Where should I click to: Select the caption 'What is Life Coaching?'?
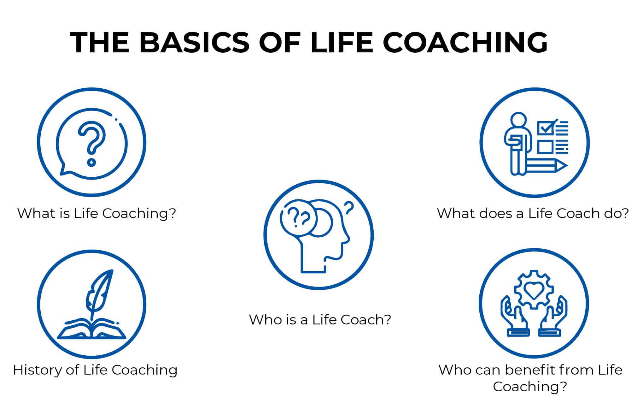pos(96,213)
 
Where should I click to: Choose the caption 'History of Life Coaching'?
pos(95,370)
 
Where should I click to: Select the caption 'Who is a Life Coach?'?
pos(320,320)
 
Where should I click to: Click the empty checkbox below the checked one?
pos(545,147)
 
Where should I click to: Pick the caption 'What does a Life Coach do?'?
pos(533,213)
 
